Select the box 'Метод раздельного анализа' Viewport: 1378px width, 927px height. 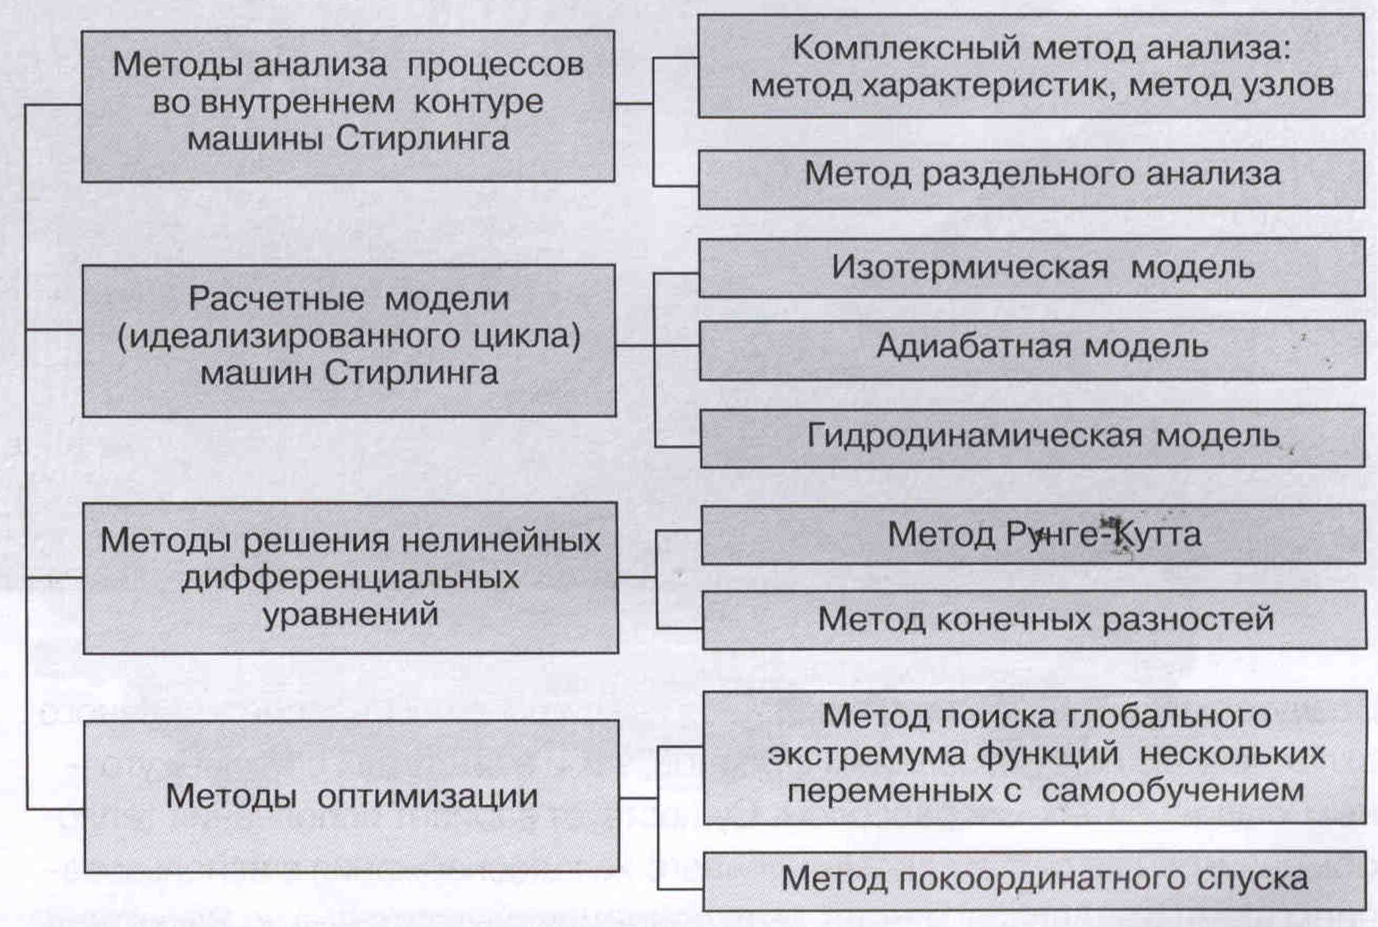pos(1032,179)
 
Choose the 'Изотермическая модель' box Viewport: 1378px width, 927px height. pos(1032,267)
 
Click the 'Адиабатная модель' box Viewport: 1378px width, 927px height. pos(1032,349)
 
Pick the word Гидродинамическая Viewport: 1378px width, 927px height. pos(974,436)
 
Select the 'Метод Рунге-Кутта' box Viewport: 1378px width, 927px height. pos(1033,534)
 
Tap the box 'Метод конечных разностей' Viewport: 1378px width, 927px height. pos(1034,620)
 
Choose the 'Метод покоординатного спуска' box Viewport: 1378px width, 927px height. pos(1034,880)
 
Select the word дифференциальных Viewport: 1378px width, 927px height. pos(350,578)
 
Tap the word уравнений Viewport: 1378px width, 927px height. pos(350,614)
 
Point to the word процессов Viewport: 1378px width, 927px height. pos(495,65)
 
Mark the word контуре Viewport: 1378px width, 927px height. pos(478,102)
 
